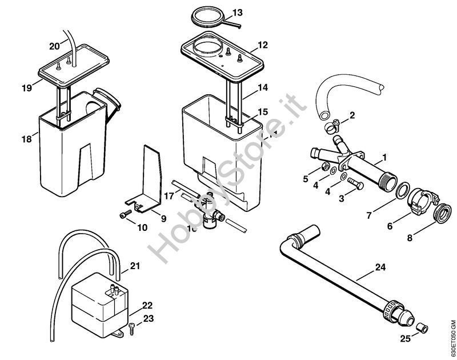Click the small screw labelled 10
pyautogui.click(x=125, y=215)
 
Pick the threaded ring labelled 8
pyautogui.click(x=441, y=214)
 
